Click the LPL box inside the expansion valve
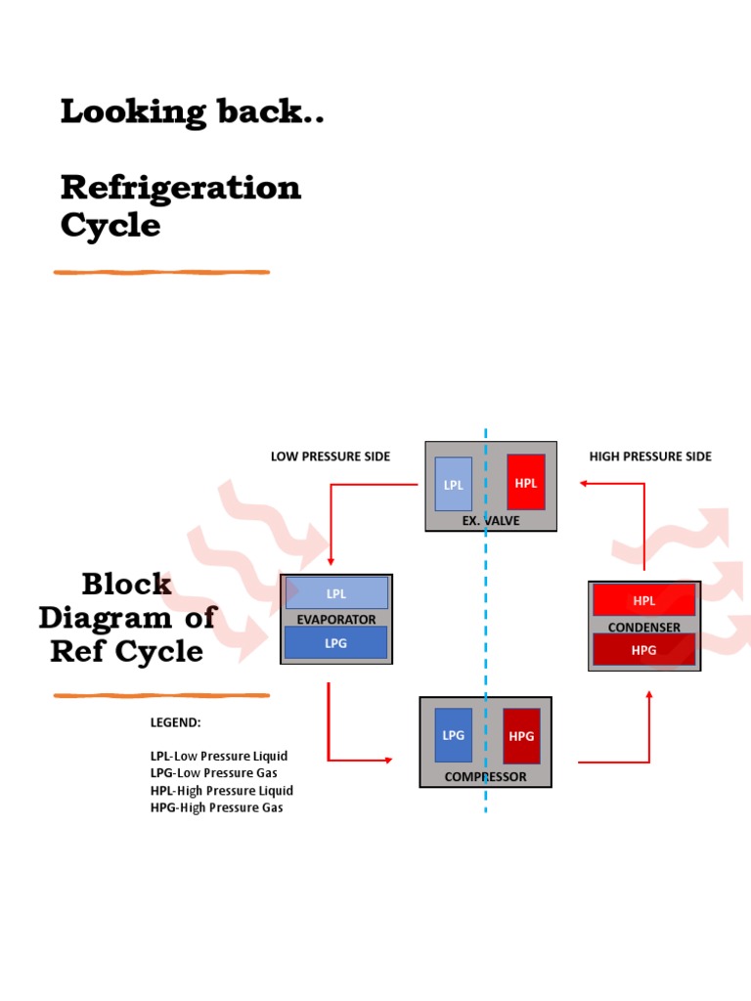[453, 484]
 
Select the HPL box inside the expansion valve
[525, 482]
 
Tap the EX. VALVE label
[491, 521]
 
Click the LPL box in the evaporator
[336, 593]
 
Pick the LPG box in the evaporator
[336, 642]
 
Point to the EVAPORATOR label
[336, 619]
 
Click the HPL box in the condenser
[643, 600]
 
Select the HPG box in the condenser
[643, 649]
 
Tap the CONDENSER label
[643, 627]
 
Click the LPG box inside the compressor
[453, 735]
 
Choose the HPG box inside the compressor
[521, 736]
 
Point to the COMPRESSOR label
[485, 777]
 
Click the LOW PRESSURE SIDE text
[330, 457]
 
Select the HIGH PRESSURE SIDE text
[650, 457]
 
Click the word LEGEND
[175, 722]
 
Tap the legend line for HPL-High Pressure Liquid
[221, 790]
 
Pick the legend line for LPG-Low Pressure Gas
[213, 773]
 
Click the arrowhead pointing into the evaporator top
[331, 561]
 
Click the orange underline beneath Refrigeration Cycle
[161, 272]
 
